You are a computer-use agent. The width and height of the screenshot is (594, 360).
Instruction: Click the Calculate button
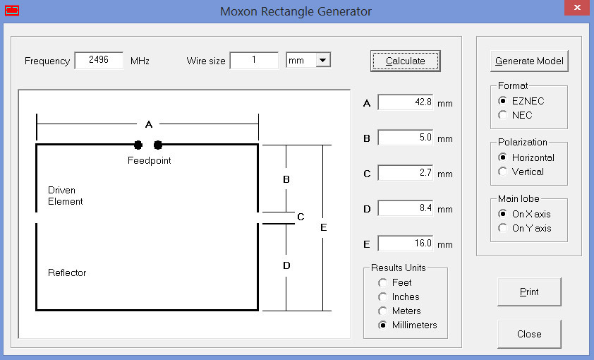click(x=406, y=61)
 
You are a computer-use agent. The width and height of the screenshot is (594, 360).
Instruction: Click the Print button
click(x=529, y=292)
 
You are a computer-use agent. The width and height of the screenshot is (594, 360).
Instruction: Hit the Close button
click(x=529, y=334)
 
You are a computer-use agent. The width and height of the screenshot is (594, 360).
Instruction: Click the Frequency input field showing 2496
click(x=99, y=60)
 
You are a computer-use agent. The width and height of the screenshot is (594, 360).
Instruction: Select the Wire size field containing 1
click(x=254, y=60)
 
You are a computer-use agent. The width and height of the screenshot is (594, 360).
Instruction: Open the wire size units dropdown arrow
click(x=323, y=60)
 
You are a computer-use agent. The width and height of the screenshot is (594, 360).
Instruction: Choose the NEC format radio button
click(x=503, y=115)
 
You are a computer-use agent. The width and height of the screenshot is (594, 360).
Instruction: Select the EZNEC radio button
click(x=503, y=100)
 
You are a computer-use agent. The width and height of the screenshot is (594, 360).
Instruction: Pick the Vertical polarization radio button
click(x=503, y=172)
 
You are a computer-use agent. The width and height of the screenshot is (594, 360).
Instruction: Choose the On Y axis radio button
click(x=503, y=228)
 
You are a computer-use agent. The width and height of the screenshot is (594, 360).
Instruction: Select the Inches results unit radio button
click(x=382, y=296)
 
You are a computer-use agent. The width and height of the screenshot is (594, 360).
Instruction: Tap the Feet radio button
click(x=382, y=282)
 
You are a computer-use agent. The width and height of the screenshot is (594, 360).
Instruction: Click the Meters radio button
click(x=382, y=311)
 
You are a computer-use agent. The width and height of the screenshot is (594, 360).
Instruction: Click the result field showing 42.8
click(x=406, y=102)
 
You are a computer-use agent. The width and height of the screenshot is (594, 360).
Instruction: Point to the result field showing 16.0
click(x=406, y=244)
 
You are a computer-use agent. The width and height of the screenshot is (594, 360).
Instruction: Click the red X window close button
click(x=577, y=8)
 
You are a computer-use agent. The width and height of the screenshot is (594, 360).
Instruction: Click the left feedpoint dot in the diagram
click(x=138, y=145)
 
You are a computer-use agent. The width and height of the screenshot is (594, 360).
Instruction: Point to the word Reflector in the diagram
click(x=67, y=273)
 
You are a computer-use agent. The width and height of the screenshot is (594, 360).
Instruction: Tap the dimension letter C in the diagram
click(x=301, y=217)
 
